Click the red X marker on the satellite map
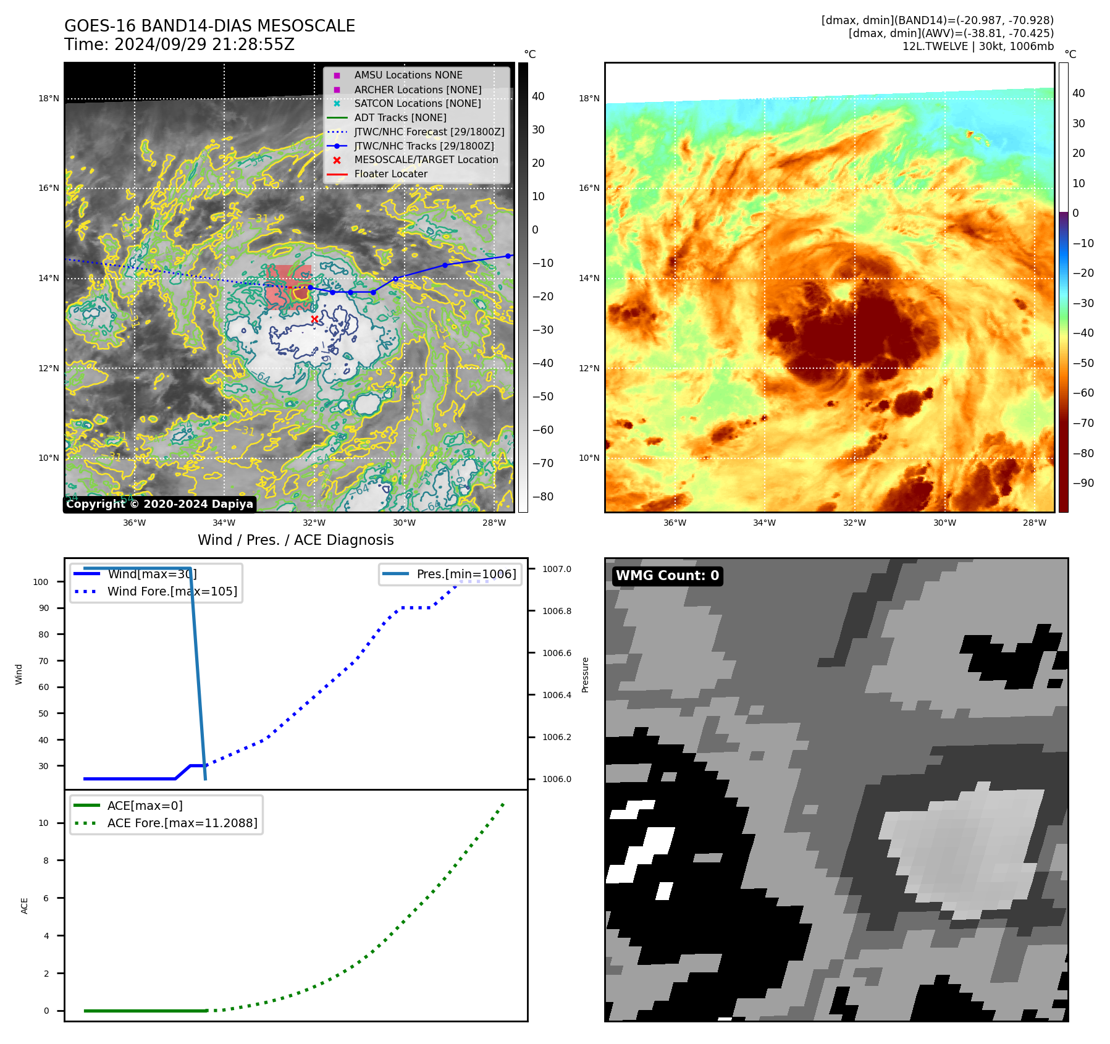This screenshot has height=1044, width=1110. click(314, 319)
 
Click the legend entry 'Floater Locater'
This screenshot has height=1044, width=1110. click(390, 174)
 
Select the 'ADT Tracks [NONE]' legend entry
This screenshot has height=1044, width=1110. click(400, 117)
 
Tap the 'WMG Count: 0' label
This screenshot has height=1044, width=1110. click(667, 576)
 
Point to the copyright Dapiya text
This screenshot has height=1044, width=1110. click(159, 504)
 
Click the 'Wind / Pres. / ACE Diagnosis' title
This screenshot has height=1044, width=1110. click(295, 540)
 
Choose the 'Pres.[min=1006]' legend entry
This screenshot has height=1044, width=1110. click(466, 574)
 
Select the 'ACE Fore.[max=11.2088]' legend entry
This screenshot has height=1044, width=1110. click(182, 823)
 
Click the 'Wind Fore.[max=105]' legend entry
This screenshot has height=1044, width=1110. click(172, 591)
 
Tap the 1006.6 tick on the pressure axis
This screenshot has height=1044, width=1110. click(557, 653)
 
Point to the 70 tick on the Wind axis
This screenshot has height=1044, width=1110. click(43, 661)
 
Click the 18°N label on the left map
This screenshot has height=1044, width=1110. click(49, 98)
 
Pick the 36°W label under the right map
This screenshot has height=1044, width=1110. click(675, 523)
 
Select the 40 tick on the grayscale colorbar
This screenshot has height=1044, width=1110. click(538, 96)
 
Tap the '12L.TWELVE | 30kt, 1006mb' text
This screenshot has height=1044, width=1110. click(978, 46)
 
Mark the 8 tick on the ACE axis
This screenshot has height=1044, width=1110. click(46, 861)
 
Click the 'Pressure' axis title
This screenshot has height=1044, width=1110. click(585, 675)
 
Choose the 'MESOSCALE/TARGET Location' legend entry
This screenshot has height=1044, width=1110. click(426, 160)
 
